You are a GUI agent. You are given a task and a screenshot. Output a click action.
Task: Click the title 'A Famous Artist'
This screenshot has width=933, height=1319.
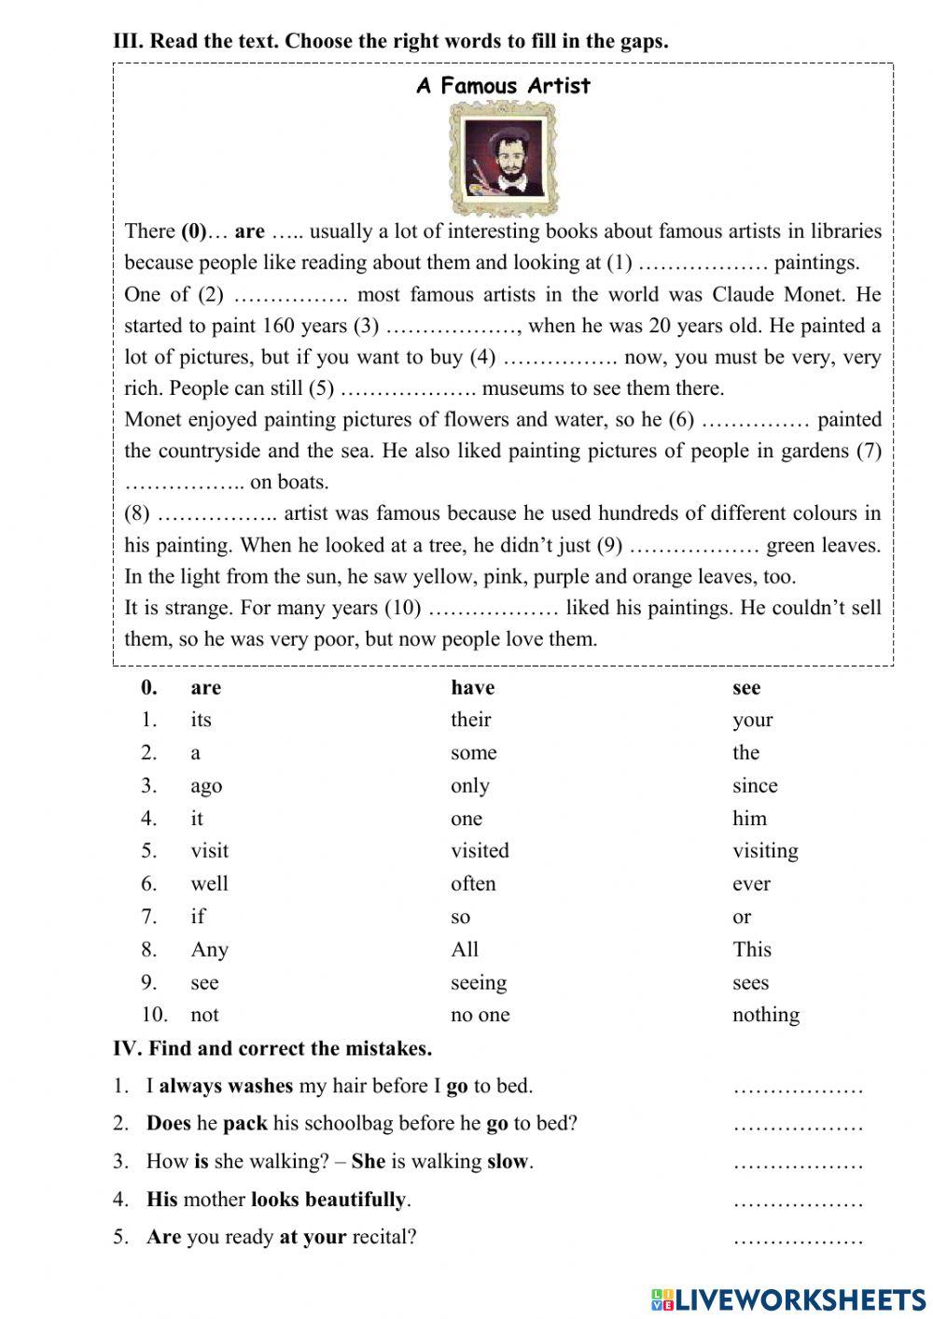coord(503,86)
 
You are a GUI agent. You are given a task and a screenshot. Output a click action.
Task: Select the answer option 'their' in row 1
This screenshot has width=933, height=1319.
coord(470,720)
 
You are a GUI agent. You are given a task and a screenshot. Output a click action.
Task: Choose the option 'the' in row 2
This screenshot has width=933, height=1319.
coord(745,752)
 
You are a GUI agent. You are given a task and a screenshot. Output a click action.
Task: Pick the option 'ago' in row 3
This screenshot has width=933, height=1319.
coord(206,786)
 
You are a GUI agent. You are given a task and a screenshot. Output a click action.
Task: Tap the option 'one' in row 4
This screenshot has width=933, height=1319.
coord(466,819)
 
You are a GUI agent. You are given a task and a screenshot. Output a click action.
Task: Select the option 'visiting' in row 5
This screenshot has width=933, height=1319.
coord(765,851)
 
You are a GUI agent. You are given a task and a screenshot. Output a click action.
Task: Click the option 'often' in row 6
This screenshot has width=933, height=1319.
coord(473,884)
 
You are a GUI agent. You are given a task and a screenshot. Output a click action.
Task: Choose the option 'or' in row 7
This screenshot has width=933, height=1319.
coord(742,917)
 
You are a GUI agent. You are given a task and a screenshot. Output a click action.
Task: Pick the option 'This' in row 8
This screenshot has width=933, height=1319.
coord(751,949)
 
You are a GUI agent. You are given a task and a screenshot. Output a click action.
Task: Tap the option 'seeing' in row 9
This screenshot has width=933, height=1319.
coord(479,983)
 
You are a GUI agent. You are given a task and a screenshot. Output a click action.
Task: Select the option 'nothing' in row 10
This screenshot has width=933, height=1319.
coord(765,1015)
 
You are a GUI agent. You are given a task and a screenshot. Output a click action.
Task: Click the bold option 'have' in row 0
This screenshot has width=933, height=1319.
coord(472,688)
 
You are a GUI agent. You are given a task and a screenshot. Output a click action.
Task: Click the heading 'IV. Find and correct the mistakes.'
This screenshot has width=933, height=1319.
coord(272,1048)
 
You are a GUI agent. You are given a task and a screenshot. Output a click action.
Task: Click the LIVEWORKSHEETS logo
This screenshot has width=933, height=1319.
coord(788,1298)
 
